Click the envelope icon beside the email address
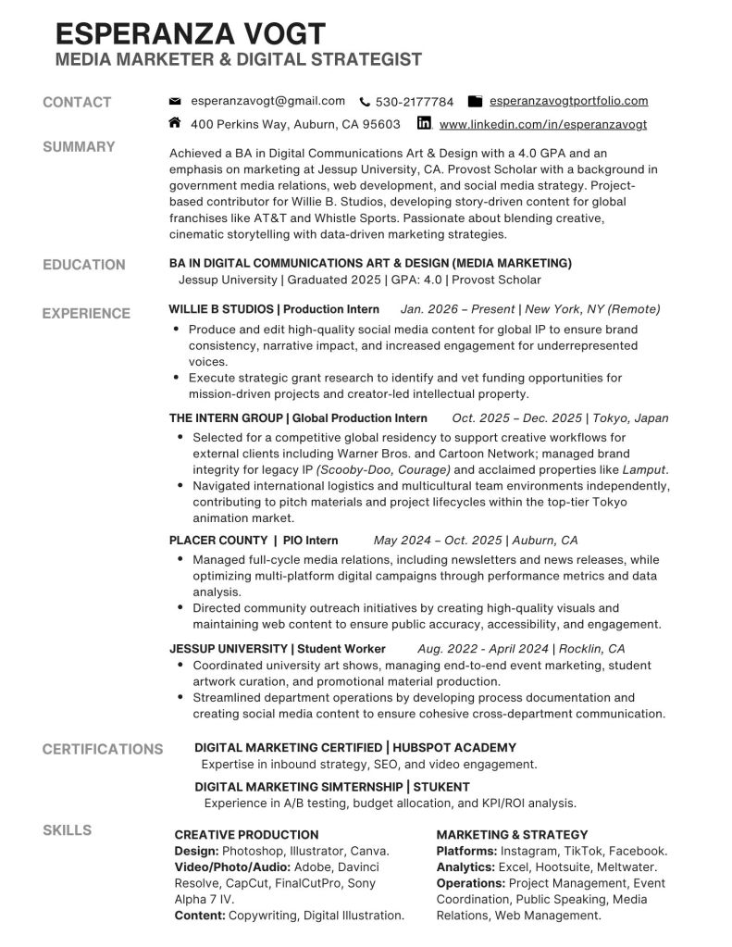pos(175,102)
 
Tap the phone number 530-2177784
pos(415,102)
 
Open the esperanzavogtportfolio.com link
pos(568,101)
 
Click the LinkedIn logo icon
pos(425,123)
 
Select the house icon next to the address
pos(175,122)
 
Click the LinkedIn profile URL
pos(543,124)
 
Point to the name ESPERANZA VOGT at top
pos(191,34)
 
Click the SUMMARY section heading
pos(79,146)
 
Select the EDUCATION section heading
pos(83,265)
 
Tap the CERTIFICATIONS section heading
pos(102,749)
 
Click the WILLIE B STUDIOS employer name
pos(221,309)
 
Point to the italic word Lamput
pos(645,469)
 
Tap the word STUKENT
pos(441,787)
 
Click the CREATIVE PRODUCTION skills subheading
pos(246,834)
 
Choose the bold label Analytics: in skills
pos(465,867)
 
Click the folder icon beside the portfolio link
pos(476,101)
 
